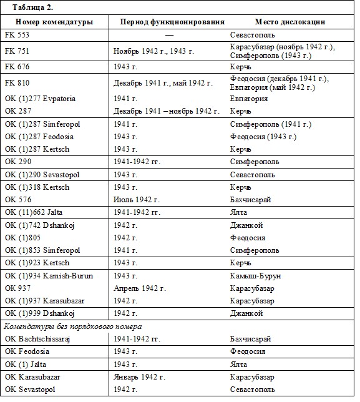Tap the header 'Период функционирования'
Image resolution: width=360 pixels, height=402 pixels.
[x=172, y=22]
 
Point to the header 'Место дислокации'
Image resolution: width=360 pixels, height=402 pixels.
[x=289, y=22]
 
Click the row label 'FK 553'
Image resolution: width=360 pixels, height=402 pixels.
[x=17, y=36]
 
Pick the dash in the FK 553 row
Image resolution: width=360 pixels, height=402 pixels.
[x=168, y=36]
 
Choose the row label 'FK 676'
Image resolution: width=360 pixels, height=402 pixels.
[x=17, y=67]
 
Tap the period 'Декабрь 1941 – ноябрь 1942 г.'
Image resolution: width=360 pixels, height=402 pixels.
[x=167, y=111]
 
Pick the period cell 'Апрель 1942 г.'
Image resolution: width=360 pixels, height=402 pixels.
[x=140, y=288]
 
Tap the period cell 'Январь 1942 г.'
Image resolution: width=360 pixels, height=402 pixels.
[x=140, y=378]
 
